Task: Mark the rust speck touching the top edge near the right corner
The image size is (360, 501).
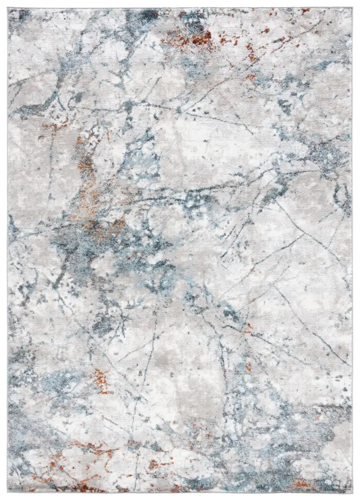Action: pos(304,11)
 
